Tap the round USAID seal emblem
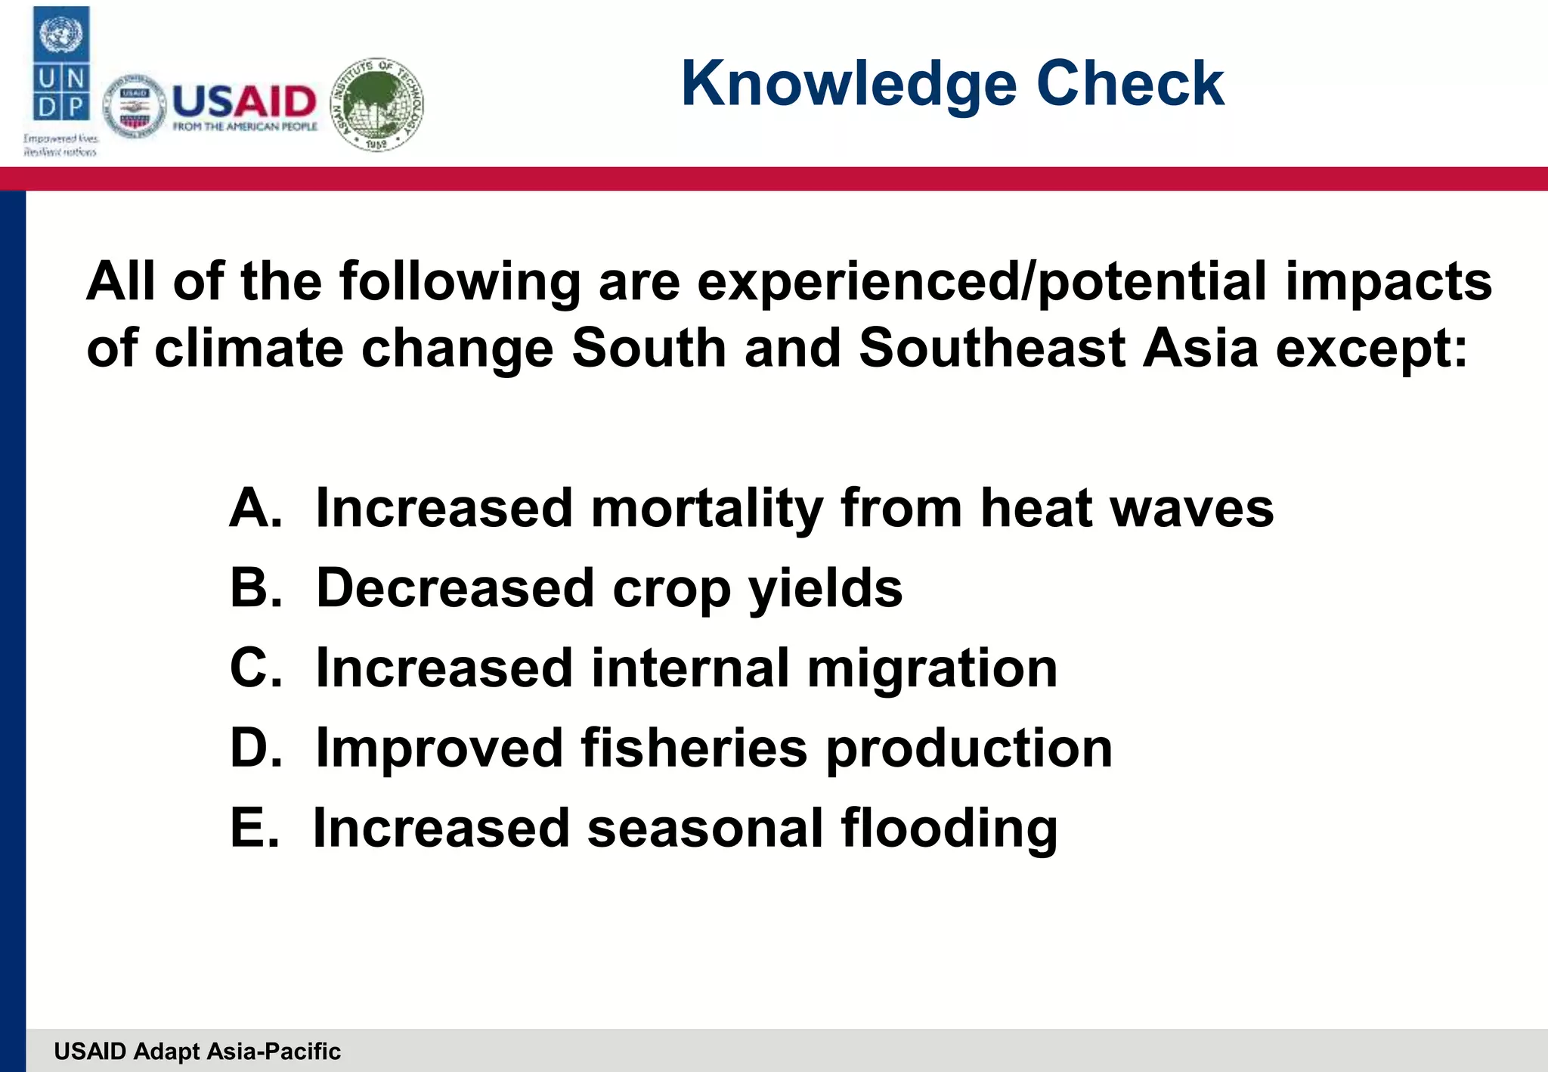coord(135,107)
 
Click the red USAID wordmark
coord(244,101)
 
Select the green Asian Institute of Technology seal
coord(377,104)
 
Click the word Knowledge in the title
coord(849,85)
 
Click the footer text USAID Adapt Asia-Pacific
coord(197,1052)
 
